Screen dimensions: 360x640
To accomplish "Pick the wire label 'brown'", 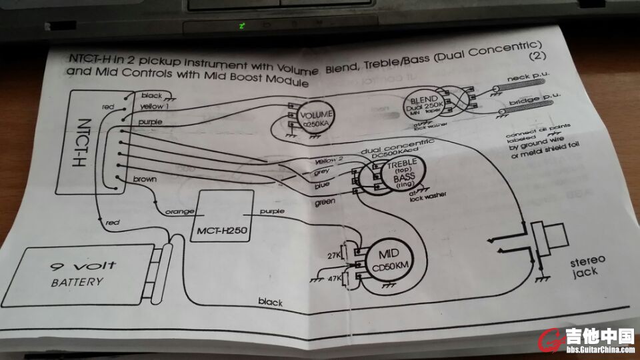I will pyautogui.click(x=145, y=180).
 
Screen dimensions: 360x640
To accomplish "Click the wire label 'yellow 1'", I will pyautogui.click(x=155, y=107).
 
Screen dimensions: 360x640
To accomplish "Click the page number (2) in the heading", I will pyautogui.click(x=535, y=56).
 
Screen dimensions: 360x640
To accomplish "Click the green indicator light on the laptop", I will pyautogui.click(x=242, y=27).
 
